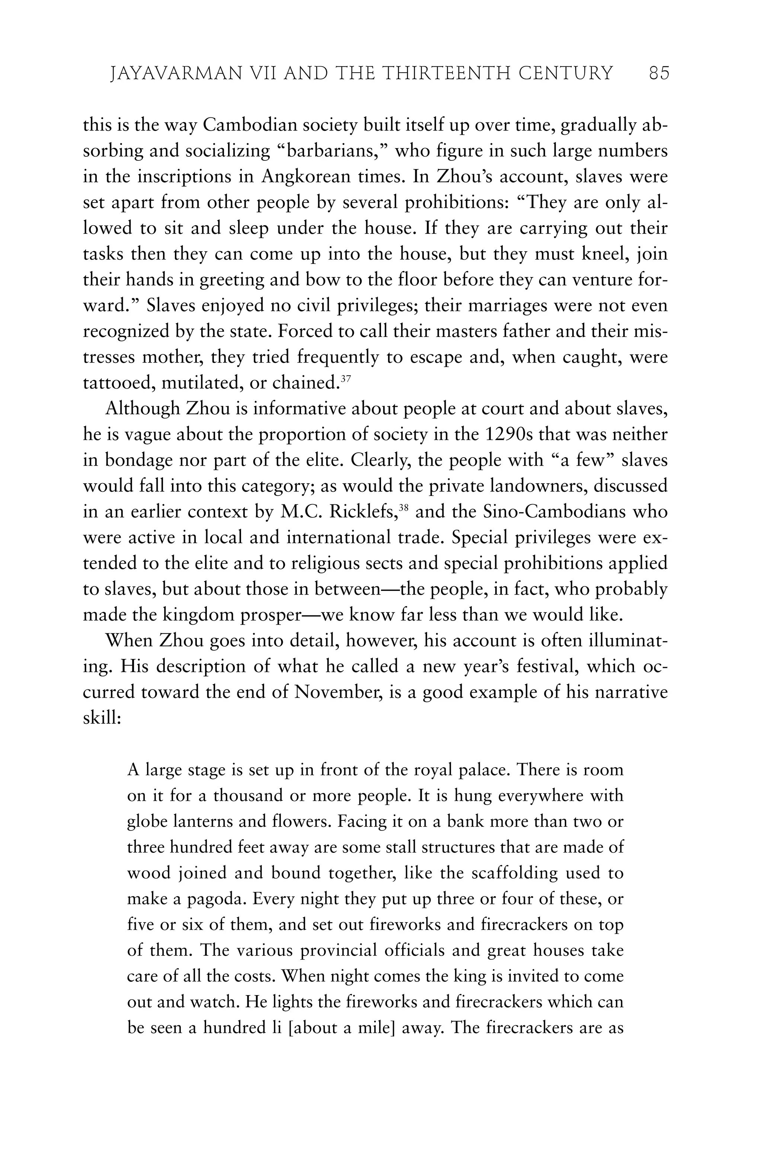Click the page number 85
pos(659,74)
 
